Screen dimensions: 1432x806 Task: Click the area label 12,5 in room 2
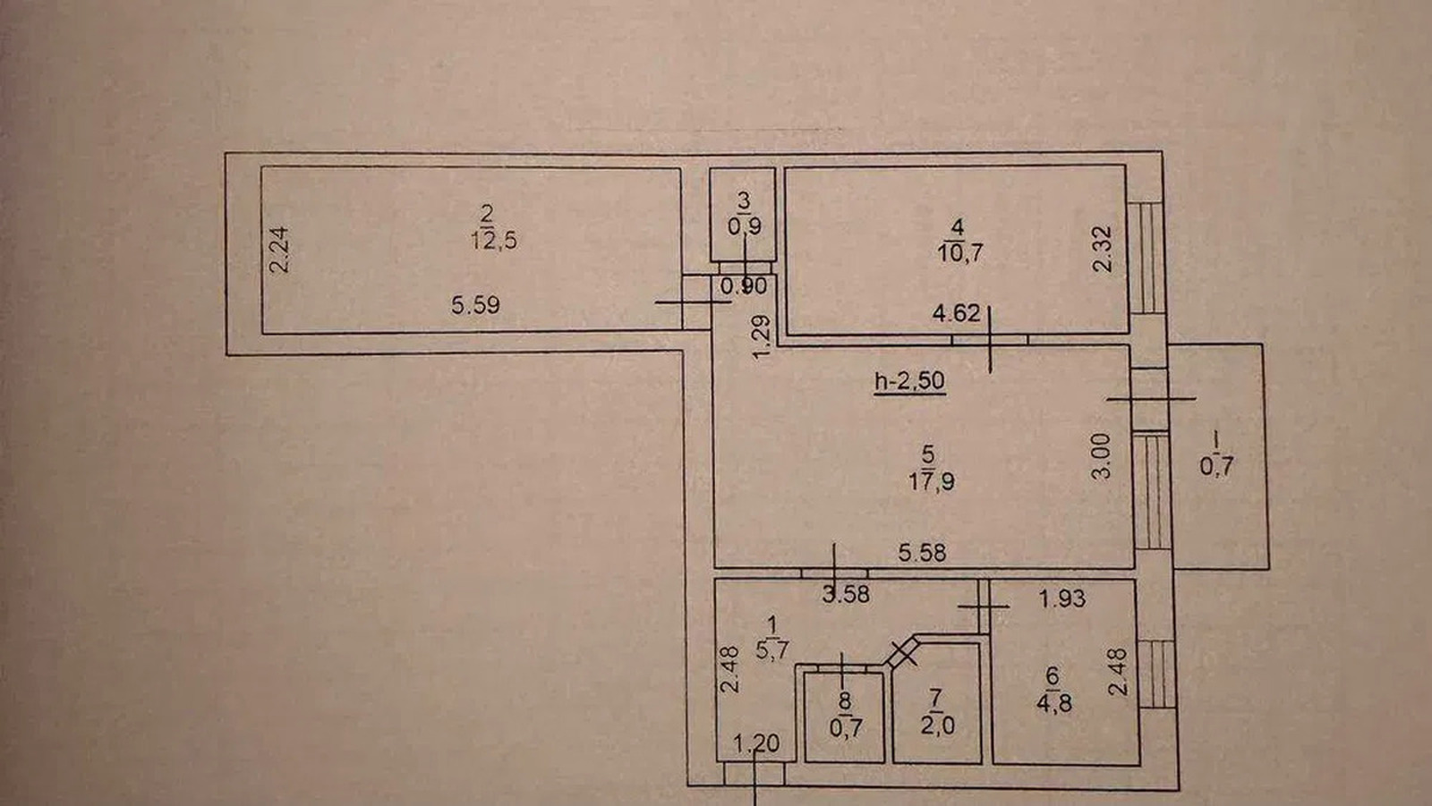[493, 241]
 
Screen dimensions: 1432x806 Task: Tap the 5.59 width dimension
[475, 305]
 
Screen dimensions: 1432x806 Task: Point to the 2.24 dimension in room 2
[278, 250]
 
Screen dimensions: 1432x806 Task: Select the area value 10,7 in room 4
[959, 253]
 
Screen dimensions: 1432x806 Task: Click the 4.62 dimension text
[957, 313]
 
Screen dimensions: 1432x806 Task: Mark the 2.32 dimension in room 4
[1103, 249]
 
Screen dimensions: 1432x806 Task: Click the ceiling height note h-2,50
[909, 381]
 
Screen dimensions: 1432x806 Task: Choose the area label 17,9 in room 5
[932, 480]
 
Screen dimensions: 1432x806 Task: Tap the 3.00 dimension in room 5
[1101, 455]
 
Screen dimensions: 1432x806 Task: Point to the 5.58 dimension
[922, 552]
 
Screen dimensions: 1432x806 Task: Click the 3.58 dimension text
[846, 594]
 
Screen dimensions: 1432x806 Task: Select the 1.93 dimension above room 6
[1061, 598]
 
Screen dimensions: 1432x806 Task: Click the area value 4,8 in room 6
[1054, 704]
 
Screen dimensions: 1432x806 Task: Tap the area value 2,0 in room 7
[938, 725]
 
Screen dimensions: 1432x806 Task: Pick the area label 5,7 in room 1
[772, 650]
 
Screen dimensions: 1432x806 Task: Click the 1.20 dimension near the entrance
[756, 743]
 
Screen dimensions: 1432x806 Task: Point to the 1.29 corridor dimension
[762, 337]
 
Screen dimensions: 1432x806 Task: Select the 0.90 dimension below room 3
[744, 286]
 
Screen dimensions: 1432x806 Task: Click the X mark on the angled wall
[903, 652]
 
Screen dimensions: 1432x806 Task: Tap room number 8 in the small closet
[845, 700]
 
